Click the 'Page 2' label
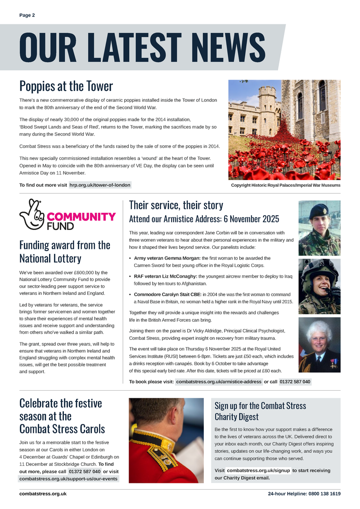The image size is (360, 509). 27,15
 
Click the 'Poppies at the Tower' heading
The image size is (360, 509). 66,86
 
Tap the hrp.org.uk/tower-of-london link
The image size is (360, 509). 100,185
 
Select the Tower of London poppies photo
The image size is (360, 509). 284,130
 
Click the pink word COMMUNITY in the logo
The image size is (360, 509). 81,216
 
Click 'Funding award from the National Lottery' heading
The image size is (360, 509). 64,252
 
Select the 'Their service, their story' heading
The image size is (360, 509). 176,205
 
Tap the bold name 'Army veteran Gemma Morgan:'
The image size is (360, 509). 167,258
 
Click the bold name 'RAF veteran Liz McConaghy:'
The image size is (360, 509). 166,276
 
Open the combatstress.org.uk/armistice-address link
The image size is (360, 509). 219,382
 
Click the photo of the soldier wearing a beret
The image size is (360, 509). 319,228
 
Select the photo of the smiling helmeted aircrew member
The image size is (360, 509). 319,286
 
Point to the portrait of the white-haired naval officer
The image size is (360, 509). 319,345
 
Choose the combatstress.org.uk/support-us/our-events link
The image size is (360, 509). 68,479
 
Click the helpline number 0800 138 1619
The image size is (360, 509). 324,494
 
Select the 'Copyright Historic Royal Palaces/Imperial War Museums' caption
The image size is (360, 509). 285,185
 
